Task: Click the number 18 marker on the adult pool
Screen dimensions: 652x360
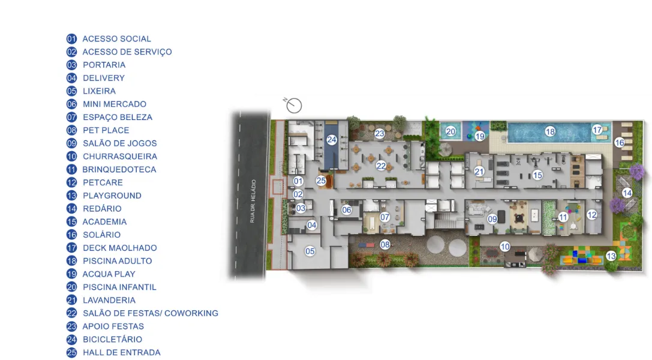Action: [550, 132]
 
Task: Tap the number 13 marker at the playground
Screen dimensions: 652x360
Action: [611, 256]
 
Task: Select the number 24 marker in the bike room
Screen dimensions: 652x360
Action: [332, 140]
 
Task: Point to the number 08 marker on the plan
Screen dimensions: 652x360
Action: [385, 244]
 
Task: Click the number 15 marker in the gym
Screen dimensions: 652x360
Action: [537, 175]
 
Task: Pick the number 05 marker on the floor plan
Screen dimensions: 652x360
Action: [310, 251]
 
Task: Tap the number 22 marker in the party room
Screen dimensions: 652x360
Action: [381, 166]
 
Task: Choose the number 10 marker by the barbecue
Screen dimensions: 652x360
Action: [505, 247]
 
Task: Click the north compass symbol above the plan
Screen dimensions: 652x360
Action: [293, 105]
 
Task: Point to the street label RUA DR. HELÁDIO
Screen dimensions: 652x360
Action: [253, 202]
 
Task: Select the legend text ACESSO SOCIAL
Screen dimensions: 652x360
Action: [117, 38]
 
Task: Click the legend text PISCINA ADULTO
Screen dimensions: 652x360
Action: [117, 261]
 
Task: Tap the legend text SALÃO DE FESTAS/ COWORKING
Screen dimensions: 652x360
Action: [151, 313]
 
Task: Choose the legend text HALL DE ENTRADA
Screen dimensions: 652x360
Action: [121, 353]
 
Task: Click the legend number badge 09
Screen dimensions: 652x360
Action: [71, 143]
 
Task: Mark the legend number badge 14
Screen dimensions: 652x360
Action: [71, 209]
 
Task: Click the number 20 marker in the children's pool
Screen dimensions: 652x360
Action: [450, 132]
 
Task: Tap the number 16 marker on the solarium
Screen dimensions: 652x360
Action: [620, 143]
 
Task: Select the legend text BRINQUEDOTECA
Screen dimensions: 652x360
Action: [119, 170]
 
